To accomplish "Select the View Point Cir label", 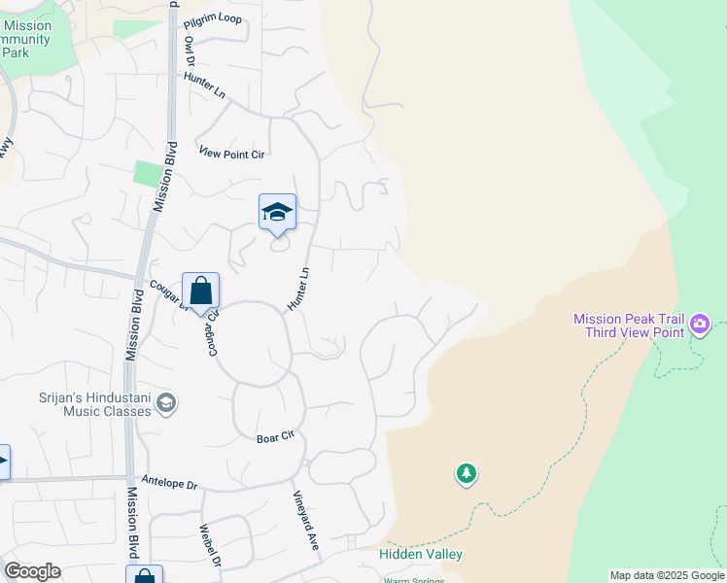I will click(231, 153).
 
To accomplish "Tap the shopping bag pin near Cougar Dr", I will click(200, 291).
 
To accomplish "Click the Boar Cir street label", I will click(275, 438).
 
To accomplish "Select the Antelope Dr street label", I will click(169, 483).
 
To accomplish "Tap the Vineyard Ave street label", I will click(306, 521).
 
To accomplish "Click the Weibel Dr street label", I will click(211, 546).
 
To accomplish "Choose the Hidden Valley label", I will click(421, 554).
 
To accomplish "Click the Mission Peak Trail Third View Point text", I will click(629, 325).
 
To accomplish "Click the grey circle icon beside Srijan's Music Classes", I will click(166, 403).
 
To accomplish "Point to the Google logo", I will click(32, 571).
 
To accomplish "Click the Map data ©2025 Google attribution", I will click(667, 575).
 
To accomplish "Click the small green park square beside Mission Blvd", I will click(147, 174).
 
